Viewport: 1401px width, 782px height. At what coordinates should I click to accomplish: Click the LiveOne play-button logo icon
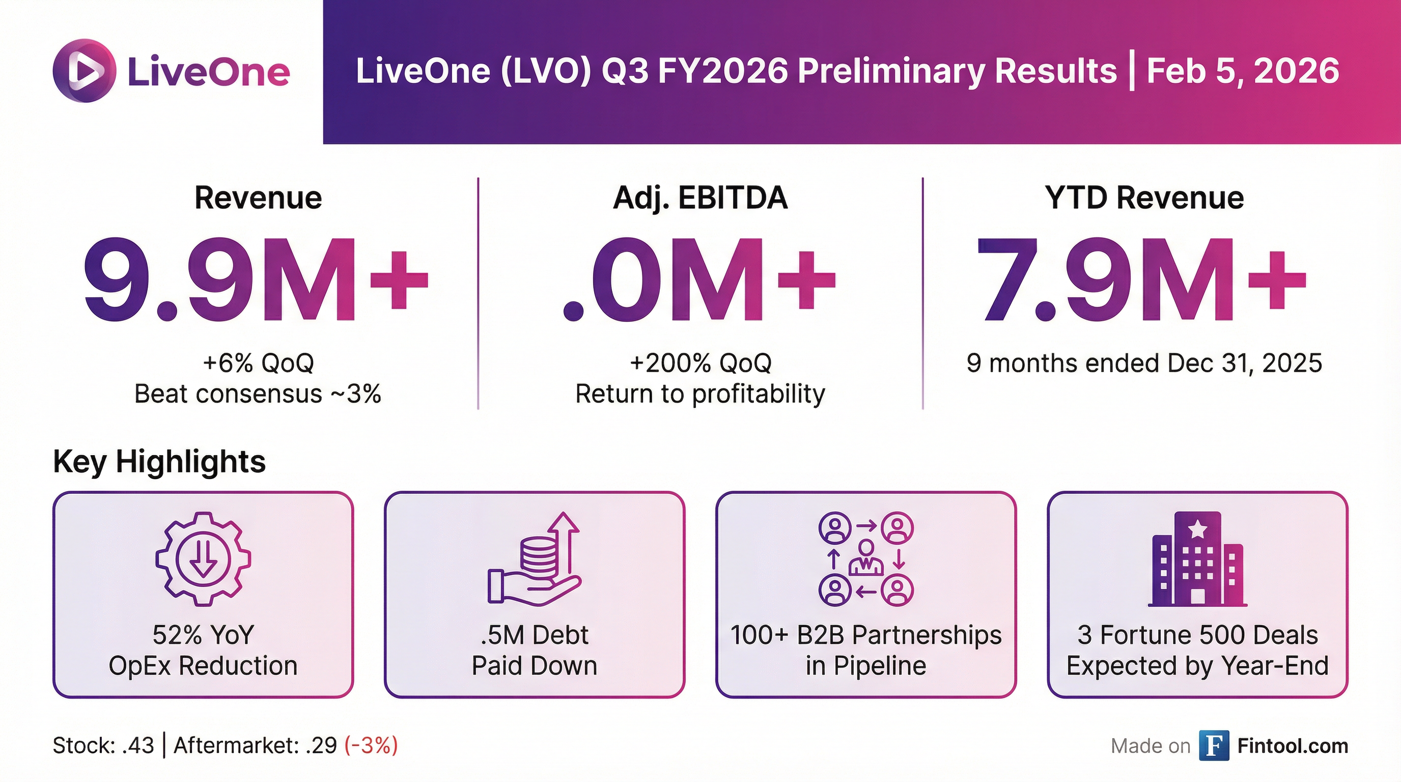click(x=85, y=71)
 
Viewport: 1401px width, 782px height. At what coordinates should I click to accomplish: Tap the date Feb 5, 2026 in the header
click(x=1242, y=71)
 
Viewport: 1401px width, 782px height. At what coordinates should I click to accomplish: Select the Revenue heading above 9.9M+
click(x=258, y=198)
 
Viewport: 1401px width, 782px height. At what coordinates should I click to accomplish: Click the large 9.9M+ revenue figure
click(x=256, y=280)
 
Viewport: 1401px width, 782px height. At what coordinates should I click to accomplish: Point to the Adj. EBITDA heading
click(x=700, y=198)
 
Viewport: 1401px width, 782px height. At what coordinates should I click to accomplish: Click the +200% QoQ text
click(x=700, y=362)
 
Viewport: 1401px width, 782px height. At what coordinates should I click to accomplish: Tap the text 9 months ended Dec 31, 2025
click(x=1144, y=362)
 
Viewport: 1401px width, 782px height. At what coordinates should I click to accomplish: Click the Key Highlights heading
click(x=159, y=462)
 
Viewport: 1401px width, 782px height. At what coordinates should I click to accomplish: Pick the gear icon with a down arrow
click(x=203, y=559)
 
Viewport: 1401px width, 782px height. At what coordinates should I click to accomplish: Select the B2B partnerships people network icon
click(x=866, y=559)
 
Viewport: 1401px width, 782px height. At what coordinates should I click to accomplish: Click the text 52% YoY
click(x=203, y=635)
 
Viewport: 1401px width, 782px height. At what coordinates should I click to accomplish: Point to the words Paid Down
click(x=534, y=665)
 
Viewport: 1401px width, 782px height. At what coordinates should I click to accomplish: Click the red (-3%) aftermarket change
click(x=371, y=745)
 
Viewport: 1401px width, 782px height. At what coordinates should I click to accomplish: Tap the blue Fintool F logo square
click(x=1213, y=745)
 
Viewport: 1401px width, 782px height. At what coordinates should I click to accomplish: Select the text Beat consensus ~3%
click(x=257, y=394)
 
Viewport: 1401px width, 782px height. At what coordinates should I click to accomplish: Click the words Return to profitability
click(x=700, y=394)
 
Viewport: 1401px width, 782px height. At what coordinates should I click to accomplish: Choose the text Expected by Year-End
click(x=1197, y=665)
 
